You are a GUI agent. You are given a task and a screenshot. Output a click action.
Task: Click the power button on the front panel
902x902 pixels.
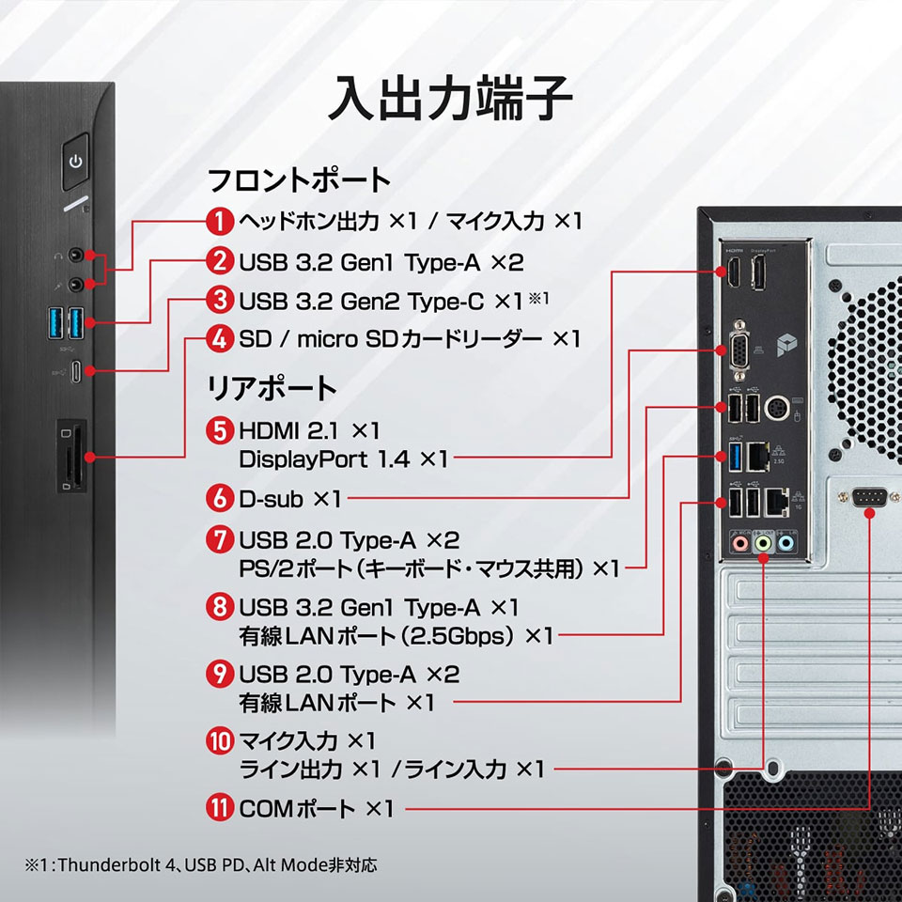76,162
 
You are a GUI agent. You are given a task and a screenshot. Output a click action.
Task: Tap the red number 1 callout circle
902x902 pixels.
219,222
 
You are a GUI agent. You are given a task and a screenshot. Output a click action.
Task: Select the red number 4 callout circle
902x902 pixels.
219,338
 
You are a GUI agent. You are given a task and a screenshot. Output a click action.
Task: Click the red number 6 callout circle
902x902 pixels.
219,498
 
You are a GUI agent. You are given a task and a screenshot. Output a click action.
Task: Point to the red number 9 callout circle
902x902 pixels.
219,674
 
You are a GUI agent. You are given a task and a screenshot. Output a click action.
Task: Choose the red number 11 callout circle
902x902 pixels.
219,808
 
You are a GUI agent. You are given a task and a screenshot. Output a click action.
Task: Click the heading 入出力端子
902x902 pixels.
450,100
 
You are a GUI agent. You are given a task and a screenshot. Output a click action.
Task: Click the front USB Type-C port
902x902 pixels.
76,371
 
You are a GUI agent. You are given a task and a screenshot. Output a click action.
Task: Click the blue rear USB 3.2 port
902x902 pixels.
736,458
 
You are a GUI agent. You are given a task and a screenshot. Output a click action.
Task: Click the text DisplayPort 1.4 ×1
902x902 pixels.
344,459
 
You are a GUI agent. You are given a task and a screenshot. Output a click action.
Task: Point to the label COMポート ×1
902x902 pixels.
317,808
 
